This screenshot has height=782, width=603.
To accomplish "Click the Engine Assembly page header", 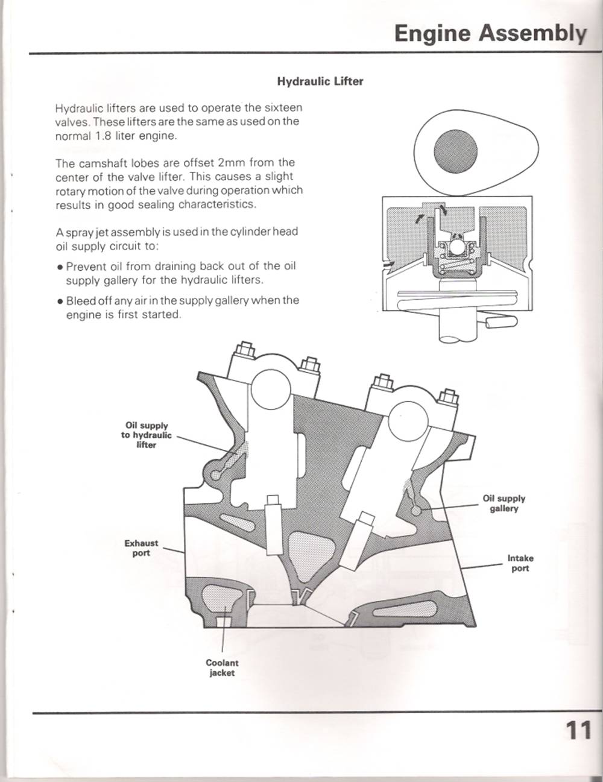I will point(490,34).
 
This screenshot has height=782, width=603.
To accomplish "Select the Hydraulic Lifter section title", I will point(320,81).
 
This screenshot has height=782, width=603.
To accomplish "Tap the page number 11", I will point(578,730).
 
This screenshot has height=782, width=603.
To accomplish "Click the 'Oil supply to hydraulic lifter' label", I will point(146,435).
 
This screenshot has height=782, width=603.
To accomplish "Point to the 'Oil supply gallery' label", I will point(504,503).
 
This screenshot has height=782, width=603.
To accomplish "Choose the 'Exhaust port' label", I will point(141,548).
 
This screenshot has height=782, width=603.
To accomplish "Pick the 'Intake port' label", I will point(520,563).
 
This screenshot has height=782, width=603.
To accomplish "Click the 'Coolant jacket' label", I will point(222,667).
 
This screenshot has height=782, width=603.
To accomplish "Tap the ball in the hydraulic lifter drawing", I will point(456,247).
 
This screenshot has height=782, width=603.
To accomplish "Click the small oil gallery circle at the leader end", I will point(415,510).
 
